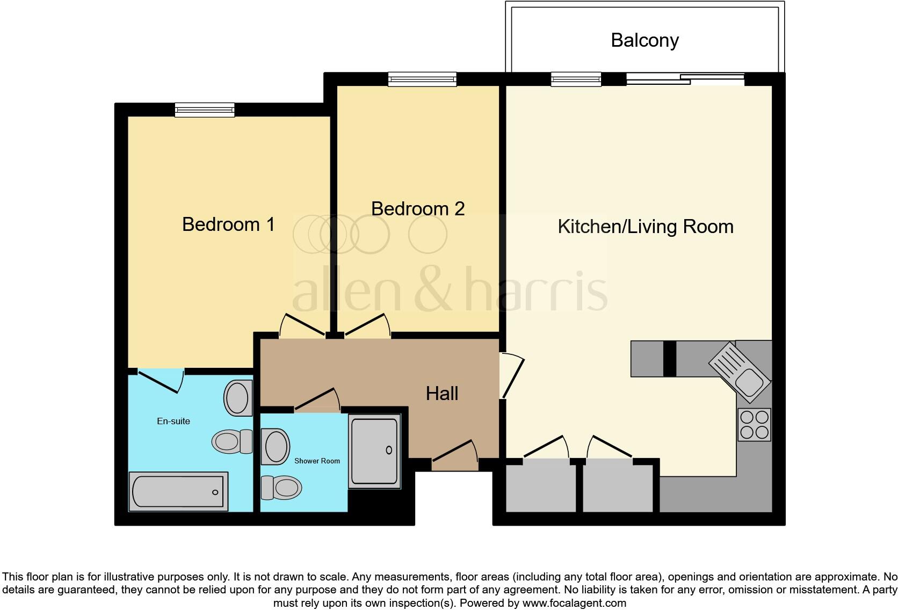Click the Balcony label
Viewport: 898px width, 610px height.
(644, 40)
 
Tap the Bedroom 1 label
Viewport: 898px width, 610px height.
(228, 224)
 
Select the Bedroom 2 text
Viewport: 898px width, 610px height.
(418, 208)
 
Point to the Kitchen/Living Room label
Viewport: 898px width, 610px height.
(646, 227)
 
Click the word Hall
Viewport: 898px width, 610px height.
(442, 394)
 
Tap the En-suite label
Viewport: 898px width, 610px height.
(173, 421)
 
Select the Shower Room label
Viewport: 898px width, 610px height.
(317, 461)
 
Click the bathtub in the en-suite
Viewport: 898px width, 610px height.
(179, 491)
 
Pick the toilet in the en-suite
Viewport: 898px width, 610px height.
(233, 441)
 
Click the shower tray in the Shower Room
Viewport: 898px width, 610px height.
(374, 451)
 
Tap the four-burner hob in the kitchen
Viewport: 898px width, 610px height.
(754, 424)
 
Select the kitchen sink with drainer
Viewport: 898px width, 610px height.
(741, 372)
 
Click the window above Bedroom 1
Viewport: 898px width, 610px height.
(205, 110)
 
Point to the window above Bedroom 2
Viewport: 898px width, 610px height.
(422, 79)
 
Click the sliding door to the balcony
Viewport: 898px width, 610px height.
(685, 79)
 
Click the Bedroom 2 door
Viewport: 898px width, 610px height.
(368, 325)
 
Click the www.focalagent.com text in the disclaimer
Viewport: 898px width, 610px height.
(574, 603)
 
